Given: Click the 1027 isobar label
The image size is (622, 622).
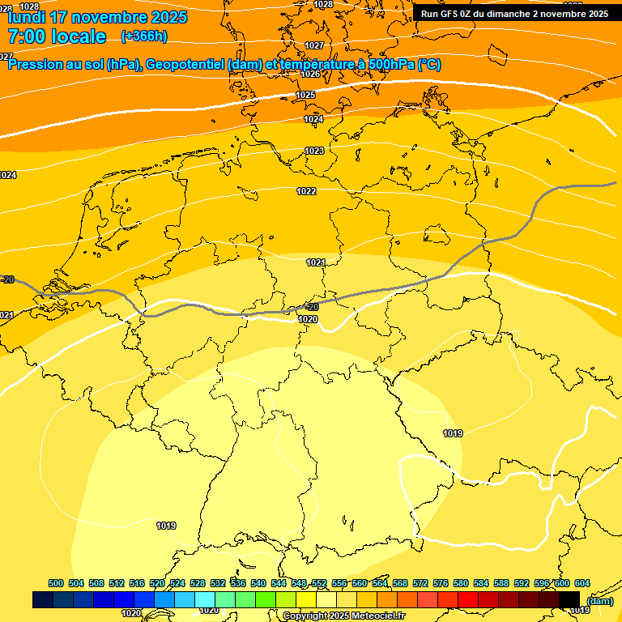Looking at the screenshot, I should (x=314, y=45).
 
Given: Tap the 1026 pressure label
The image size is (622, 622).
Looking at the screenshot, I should (x=310, y=74).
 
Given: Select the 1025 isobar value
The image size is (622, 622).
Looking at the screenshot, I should (x=305, y=96).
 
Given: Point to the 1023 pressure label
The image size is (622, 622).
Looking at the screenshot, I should (x=314, y=151).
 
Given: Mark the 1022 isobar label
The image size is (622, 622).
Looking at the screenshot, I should (x=306, y=191).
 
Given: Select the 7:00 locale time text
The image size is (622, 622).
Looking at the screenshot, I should (x=57, y=36).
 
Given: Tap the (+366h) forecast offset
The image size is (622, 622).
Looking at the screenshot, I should (x=144, y=36).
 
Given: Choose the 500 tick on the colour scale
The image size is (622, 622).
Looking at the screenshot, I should (x=56, y=583).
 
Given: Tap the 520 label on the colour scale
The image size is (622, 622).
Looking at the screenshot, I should (x=157, y=583).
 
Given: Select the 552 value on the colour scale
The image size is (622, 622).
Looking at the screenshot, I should (x=319, y=583).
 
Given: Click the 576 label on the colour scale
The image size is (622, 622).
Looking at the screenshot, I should (x=441, y=583).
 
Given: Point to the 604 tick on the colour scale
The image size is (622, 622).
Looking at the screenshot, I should (x=582, y=583).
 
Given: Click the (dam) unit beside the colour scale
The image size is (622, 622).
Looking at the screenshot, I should (x=599, y=601).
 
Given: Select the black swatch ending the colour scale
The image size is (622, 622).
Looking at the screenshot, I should (x=569, y=599).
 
